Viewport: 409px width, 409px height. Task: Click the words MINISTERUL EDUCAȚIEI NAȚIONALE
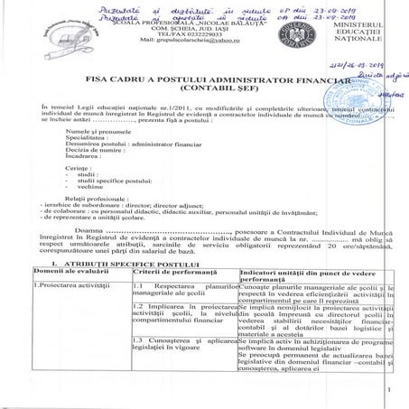pyautogui.click(x=370, y=34)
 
